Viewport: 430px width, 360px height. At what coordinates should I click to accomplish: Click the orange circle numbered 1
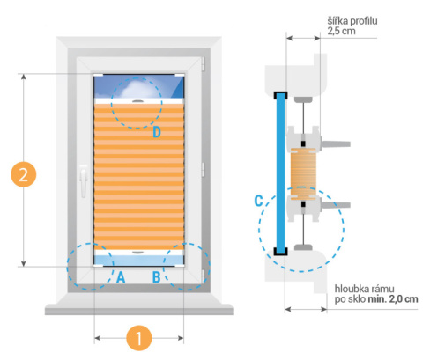[x=139, y=338]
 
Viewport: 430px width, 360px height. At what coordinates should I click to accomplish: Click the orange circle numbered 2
[x=24, y=175]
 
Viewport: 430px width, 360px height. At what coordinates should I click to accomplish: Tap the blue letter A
[x=121, y=277]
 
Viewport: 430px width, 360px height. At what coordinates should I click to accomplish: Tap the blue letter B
[x=156, y=277]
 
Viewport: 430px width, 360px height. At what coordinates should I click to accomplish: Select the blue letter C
[x=258, y=201]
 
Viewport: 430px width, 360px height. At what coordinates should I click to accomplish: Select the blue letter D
[x=157, y=132]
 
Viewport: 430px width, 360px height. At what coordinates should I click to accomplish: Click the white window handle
[x=84, y=180]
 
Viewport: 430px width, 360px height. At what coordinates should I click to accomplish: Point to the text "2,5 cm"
[x=341, y=31]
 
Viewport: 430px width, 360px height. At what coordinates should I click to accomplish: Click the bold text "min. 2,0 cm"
[x=393, y=299]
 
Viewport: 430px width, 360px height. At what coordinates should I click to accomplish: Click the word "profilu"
[x=364, y=21]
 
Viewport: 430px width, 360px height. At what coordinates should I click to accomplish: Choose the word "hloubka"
[x=352, y=289]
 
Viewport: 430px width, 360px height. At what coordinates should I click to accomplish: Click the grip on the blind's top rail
[x=137, y=101]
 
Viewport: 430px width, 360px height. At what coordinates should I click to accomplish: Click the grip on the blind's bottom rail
[x=137, y=253]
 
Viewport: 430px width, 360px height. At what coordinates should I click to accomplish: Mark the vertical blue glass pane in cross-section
[x=280, y=173]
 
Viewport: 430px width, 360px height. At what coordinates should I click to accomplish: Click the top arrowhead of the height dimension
[x=24, y=77]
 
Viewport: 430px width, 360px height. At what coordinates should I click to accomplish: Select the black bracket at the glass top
[x=280, y=95]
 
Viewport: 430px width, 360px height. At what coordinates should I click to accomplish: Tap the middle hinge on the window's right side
[x=203, y=170]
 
